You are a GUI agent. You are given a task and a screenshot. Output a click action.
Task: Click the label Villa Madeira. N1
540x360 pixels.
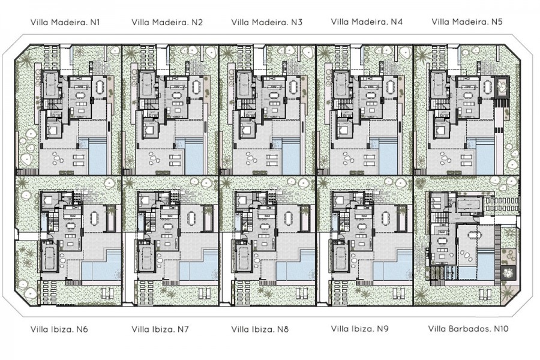65,22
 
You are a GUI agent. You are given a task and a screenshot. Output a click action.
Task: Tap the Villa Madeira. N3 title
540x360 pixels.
267,22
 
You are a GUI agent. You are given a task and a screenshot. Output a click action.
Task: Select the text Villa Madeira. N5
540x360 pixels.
467,22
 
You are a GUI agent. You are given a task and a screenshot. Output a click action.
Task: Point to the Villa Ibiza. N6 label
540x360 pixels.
59,329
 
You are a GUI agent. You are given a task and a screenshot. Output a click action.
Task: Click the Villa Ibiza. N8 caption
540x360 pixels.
260,329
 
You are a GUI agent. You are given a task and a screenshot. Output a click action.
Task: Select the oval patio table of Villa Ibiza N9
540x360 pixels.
385,218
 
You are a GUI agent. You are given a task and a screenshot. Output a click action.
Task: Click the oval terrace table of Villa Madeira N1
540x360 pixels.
100,86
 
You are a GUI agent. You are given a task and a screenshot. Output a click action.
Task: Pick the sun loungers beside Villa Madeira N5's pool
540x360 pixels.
466,160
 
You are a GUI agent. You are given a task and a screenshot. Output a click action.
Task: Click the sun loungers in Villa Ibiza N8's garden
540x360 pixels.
204,293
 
